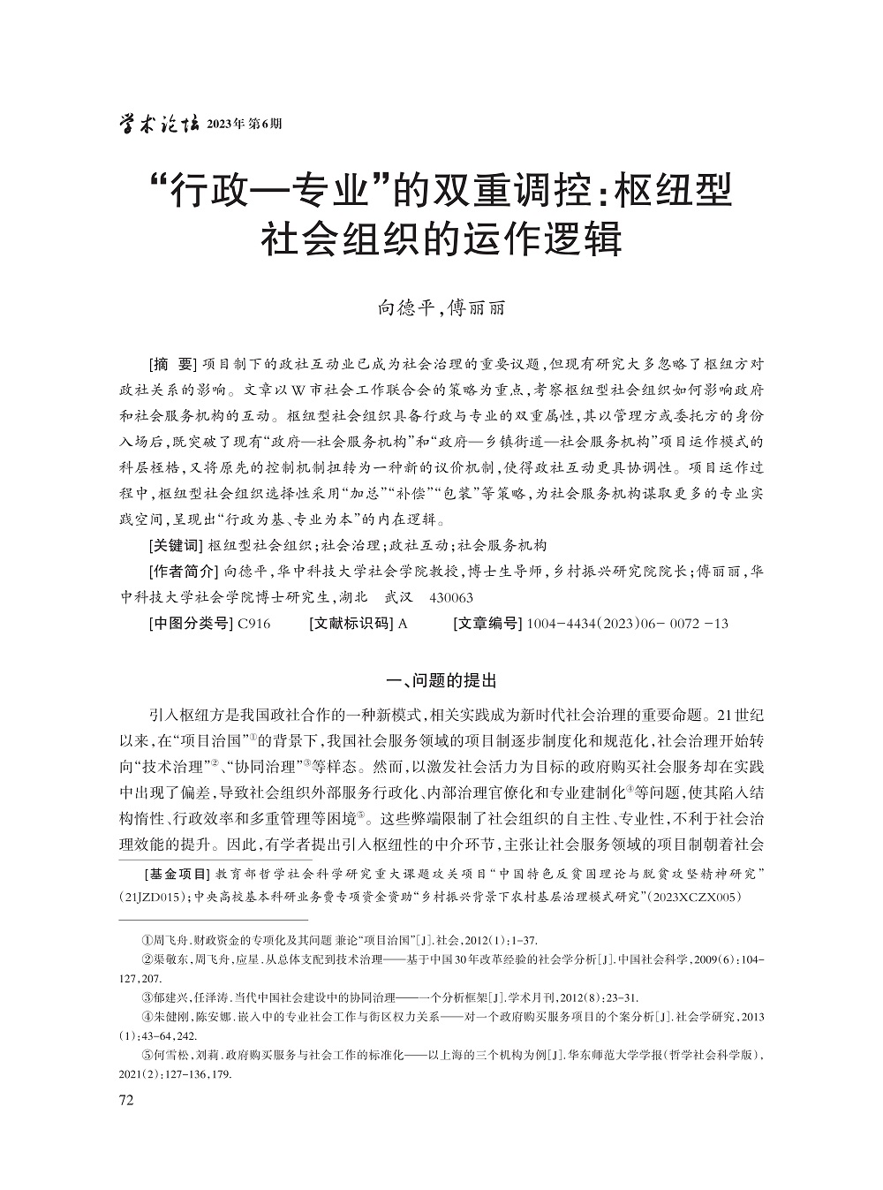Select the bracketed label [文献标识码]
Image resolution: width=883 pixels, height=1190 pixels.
pyautogui.click(x=351, y=623)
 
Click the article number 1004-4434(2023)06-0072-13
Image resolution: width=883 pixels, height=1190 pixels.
pyautogui.click(x=627, y=623)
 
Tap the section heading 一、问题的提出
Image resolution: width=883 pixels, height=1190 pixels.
pyautogui.click(x=442, y=680)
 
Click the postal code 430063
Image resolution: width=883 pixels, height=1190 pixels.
pyautogui.click(x=450, y=597)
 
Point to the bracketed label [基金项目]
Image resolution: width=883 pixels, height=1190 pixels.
pyautogui.click(x=176, y=875)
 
